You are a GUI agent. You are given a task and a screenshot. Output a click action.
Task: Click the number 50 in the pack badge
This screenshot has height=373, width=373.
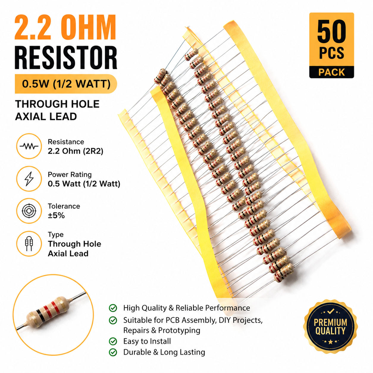click(331, 32)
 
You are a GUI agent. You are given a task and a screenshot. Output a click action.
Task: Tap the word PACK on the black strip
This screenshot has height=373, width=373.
click(332, 72)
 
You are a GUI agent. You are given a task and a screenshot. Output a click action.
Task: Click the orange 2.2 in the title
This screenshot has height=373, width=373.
click(33, 27)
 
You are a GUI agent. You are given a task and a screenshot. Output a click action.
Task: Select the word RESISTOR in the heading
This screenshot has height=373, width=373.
click(66, 58)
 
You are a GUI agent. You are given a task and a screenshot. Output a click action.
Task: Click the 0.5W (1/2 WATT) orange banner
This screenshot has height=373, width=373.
click(66, 84)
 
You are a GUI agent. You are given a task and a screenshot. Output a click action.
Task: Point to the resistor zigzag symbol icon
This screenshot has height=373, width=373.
click(29, 146)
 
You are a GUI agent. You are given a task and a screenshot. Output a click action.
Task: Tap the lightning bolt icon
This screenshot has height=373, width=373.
click(29, 178)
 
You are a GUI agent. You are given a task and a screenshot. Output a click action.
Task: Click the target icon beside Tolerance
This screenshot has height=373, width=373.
click(29, 211)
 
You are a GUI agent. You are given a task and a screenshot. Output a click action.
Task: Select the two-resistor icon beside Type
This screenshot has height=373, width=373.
click(29, 244)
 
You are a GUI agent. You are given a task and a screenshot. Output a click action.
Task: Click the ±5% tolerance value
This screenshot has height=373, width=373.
click(56, 215)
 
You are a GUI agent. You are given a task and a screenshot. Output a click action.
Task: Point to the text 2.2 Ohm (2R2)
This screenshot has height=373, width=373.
click(76, 151)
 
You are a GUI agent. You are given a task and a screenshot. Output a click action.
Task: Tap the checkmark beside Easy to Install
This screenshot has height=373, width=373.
click(113, 341)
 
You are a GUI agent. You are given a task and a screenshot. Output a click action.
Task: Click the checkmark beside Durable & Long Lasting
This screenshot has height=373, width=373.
click(113, 352)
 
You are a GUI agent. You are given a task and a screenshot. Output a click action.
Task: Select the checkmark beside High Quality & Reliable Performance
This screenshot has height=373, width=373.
click(113, 308)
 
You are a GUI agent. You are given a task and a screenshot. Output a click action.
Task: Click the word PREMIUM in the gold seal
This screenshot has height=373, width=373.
click(330, 322)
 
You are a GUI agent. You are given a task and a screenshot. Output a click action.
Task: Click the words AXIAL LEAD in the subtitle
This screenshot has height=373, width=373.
click(46, 117)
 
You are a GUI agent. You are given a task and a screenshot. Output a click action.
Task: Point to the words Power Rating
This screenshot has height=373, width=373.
click(70, 175)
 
